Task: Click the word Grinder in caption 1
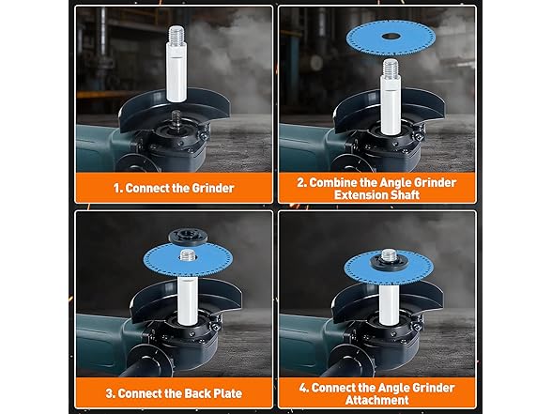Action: click(x=214, y=188)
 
